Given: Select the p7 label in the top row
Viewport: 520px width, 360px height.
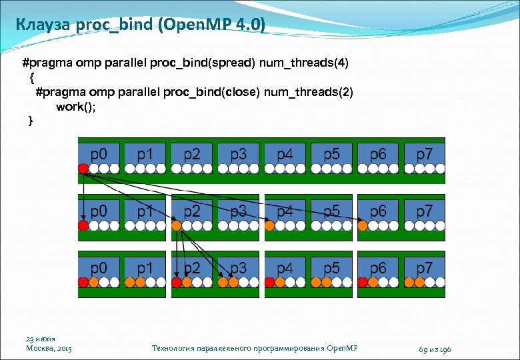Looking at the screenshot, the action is point(425,154).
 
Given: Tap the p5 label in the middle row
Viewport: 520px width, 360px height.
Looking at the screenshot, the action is point(331,211).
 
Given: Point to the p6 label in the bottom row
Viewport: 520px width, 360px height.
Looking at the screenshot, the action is point(378,268).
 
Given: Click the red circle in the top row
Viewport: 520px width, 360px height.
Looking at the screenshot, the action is point(83,169).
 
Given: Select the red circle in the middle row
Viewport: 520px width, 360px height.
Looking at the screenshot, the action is point(83,226).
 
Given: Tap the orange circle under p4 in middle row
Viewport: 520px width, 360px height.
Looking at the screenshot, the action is point(270,226).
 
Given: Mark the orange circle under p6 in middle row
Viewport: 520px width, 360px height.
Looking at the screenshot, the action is point(363,226).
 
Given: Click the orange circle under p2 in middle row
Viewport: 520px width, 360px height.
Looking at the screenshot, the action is point(177,226).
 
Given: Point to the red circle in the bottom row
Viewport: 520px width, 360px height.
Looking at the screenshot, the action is point(83,283).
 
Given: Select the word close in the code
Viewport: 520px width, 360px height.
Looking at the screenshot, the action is point(241,92).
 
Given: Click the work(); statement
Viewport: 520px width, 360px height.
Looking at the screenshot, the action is point(76,107).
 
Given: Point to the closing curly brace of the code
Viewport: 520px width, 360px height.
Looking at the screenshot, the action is point(29,121).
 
